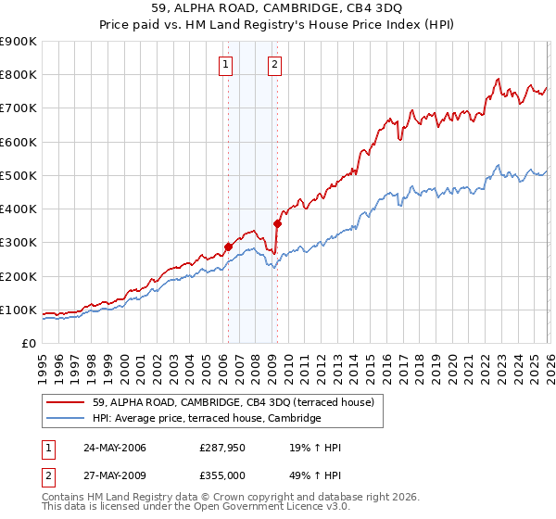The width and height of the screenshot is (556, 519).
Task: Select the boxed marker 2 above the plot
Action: click(276, 64)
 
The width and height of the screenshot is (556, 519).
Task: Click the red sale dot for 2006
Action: click(228, 247)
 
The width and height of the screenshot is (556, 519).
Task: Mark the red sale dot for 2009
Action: click(277, 222)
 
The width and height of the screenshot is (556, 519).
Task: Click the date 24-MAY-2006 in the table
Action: click(108, 448)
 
